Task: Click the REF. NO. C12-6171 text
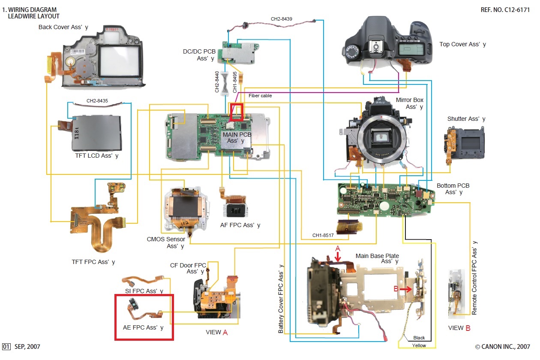coord(506,9)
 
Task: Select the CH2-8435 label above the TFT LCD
coord(97,101)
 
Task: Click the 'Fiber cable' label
coord(260,96)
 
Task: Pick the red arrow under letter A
coord(338,256)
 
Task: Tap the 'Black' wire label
coord(419,338)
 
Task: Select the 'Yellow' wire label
coord(419,345)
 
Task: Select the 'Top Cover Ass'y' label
coord(462,44)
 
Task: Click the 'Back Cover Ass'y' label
coord(63,27)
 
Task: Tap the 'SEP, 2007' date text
coord(27,347)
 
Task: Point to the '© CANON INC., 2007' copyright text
coord(502,347)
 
